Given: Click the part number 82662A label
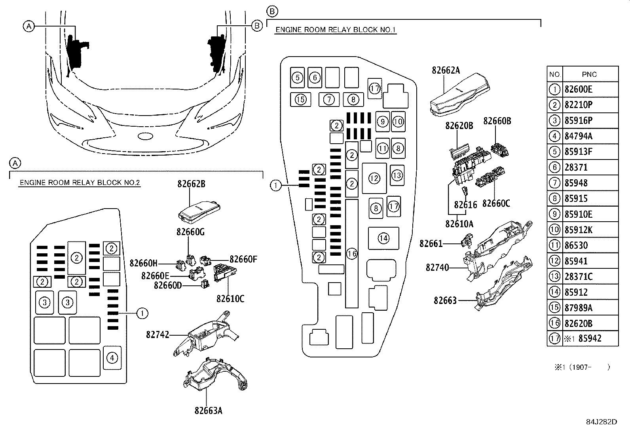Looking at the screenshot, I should (446, 70).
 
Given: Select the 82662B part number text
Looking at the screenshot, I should (191, 184).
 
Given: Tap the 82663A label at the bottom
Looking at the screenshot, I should (208, 410).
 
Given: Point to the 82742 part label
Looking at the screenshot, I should (157, 335).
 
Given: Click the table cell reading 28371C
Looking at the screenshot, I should (579, 276).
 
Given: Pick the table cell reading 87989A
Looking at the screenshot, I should (579, 308).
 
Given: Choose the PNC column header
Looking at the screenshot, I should (590, 74).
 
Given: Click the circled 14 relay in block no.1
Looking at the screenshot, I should (383, 238).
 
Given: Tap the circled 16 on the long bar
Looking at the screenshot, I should (352, 254).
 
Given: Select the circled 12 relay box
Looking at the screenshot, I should (374, 179).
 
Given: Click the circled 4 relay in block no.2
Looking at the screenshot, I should (112, 358).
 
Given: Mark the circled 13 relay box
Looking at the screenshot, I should (397, 175).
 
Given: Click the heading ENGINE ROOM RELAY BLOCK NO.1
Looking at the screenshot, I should (336, 30).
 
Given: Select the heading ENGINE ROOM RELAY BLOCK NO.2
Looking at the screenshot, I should (80, 183).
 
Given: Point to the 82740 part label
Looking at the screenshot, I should (437, 268).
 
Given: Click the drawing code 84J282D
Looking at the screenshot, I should (602, 421).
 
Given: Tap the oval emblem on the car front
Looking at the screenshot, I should (145, 136).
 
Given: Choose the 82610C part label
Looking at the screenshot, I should (230, 298).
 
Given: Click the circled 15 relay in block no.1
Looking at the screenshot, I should (301, 99).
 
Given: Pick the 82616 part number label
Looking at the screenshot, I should (465, 205).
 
